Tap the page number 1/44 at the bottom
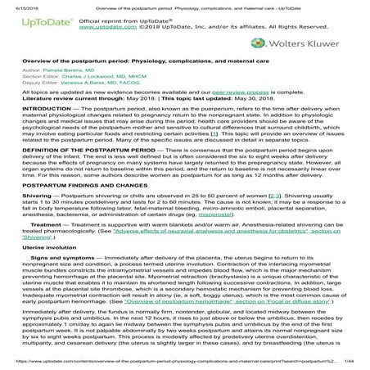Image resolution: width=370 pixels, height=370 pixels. coord(354,364)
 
